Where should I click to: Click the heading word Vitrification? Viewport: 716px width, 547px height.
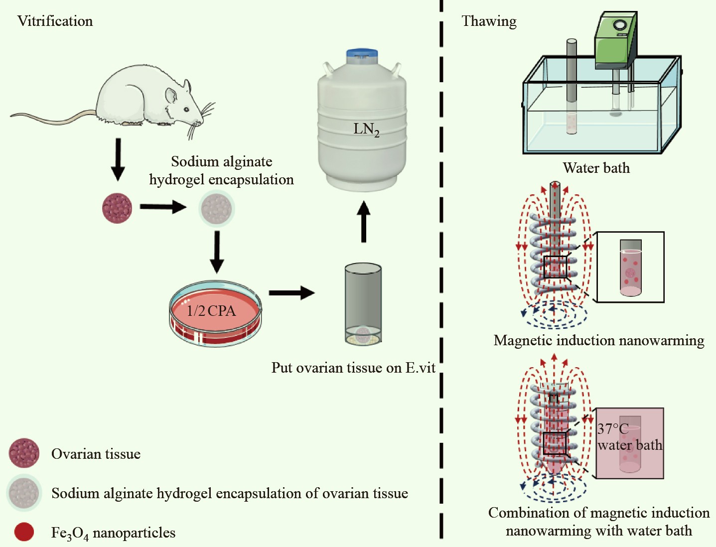55,21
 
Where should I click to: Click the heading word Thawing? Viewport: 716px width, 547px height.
489,21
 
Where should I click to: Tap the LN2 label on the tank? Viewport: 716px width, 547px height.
366,129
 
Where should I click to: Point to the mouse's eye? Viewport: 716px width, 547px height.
185,109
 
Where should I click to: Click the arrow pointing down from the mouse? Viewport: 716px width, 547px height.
118,159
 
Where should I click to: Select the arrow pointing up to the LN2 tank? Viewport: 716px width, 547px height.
364,221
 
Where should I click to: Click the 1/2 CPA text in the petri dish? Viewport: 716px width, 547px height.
211,311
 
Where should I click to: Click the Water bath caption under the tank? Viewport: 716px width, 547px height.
596,168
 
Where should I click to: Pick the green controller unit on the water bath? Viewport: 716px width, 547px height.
616,40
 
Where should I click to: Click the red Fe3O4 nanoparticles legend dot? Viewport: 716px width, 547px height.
24,532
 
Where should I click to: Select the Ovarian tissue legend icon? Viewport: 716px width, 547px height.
24,453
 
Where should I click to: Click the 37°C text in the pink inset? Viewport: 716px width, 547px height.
613,428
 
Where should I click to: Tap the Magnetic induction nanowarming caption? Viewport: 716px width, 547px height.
598,341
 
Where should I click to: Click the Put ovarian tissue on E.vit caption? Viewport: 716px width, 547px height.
353,368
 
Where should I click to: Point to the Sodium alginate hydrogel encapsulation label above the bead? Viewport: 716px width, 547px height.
221,170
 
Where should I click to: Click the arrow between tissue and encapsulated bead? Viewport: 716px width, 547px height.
162,206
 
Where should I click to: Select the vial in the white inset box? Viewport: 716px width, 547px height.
630,268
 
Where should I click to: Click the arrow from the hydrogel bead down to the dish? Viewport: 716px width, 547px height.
217,252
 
